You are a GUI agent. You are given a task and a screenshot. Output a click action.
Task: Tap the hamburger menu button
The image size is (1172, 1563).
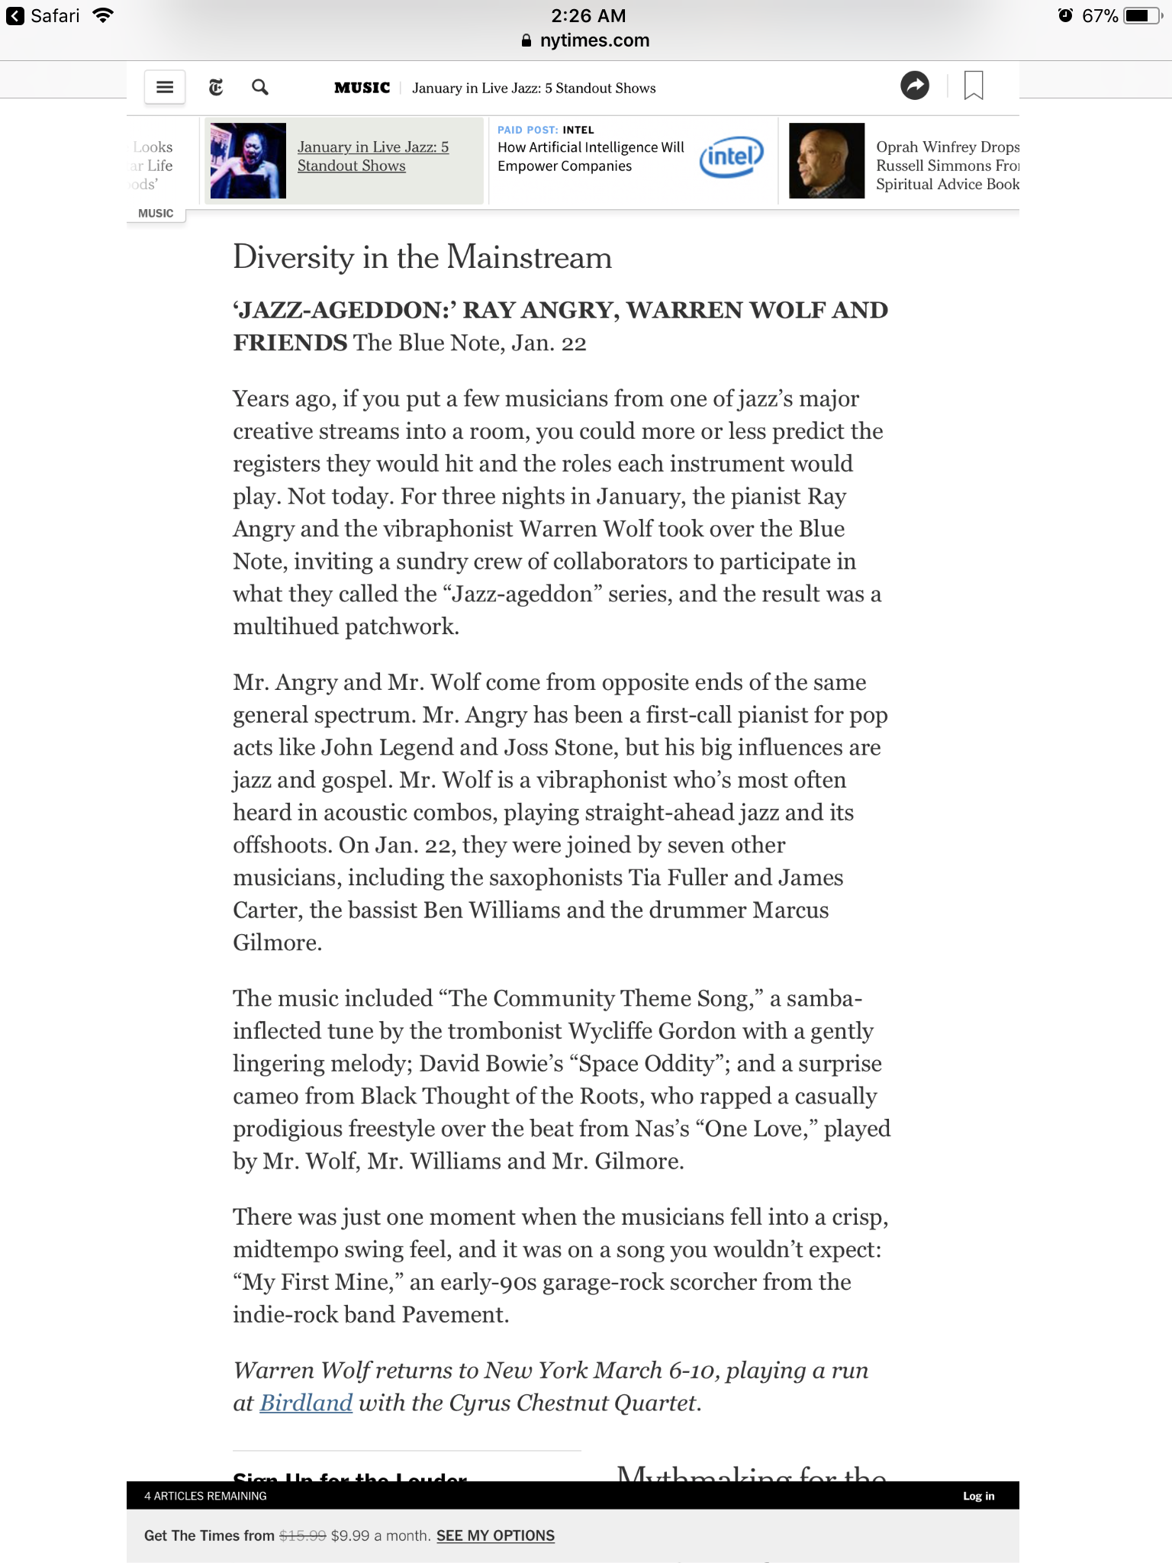pos(165,87)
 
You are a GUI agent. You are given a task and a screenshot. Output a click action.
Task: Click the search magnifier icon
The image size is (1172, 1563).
pos(260,87)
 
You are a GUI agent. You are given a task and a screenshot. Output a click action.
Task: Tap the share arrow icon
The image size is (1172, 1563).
pos(915,85)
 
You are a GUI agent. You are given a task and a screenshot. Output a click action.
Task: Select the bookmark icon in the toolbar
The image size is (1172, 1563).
pos(974,85)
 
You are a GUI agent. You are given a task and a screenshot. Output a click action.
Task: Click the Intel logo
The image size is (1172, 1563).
pos(731,157)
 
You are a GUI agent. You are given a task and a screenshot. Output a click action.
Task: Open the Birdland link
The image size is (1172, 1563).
pos(306,1403)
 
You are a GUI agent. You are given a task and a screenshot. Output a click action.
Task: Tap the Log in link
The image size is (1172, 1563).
pos(978,1496)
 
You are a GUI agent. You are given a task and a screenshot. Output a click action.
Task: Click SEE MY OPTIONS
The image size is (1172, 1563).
pos(495,1536)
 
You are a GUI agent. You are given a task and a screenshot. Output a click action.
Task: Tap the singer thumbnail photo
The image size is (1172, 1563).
pos(248,160)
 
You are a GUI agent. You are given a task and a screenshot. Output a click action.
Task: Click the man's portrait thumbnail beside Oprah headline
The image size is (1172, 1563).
pos(826,160)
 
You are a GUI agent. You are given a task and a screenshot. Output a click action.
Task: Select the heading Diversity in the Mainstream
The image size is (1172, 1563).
pos(422,257)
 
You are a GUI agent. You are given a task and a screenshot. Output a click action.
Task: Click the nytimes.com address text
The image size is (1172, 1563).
pos(594,40)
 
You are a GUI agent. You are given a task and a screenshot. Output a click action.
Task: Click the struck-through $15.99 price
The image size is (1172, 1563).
pos(303,1536)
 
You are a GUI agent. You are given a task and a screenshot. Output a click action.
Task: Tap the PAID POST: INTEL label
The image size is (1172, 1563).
pos(546,130)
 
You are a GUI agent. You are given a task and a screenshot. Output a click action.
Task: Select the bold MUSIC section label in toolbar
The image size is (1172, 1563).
pos(362,88)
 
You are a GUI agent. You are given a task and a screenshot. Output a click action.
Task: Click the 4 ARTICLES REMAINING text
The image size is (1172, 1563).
pos(205,1496)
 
